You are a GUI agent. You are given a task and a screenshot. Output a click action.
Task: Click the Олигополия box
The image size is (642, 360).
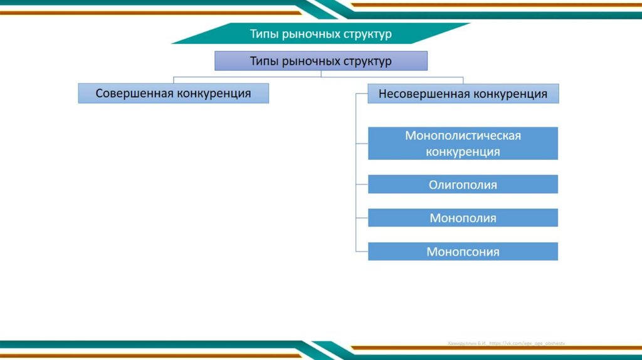pyautogui.click(x=463, y=184)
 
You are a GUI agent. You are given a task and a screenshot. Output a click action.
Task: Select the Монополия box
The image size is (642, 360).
pyautogui.click(x=463, y=218)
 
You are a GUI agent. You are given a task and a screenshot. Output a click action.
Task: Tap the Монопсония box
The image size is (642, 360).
pyautogui.click(x=463, y=251)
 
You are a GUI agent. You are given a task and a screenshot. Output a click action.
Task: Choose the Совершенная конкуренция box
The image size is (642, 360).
pyautogui.click(x=173, y=93)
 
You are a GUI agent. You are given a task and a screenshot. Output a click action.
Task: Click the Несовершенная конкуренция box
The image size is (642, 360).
pyautogui.click(x=463, y=94)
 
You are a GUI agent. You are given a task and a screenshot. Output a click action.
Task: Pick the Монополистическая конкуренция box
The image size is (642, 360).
pyautogui.click(x=463, y=144)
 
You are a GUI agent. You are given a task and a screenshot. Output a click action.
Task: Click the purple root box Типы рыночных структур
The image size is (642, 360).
pyautogui.click(x=321, y=61)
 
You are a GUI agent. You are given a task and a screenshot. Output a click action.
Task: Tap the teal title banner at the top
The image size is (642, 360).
pyautogui.click(x=321, y=33)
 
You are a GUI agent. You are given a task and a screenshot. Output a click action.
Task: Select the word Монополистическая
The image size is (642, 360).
pyautogui.click(x=463, y=135)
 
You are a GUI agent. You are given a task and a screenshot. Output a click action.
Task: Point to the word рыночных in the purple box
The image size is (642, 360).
pyautogui.click(x=310, y=61)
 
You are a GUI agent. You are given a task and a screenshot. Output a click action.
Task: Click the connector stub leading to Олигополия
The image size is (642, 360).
pyautogui.click(x=362, y=184)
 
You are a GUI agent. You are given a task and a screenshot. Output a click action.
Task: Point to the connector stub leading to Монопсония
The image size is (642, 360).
pyautogui.click(x=362, y=251)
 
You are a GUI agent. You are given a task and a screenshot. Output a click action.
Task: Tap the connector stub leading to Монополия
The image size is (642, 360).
pyautogui.click(x=362, y=218)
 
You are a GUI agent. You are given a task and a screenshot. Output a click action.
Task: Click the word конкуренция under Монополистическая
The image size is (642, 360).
pyautogui.click(x=463, y=152)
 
